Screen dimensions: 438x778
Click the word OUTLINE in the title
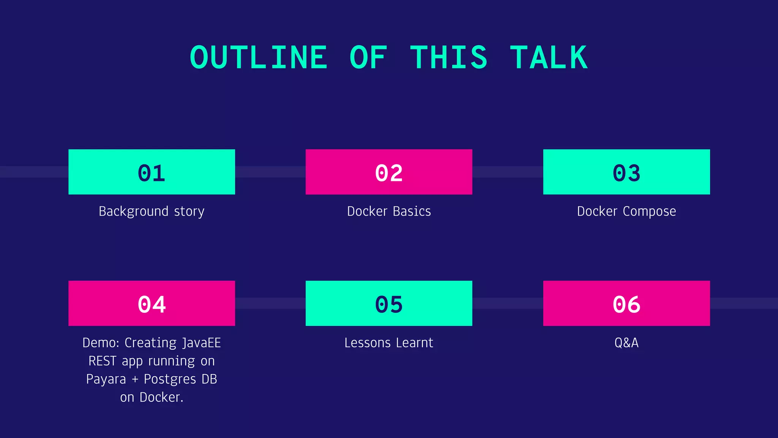258,58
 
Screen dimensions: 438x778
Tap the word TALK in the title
549,58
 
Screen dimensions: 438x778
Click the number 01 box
152,172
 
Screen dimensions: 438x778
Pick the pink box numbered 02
389,172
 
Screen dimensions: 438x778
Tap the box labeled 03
626,172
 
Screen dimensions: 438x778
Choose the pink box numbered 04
152,303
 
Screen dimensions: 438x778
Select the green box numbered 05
389,303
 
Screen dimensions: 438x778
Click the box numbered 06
626,303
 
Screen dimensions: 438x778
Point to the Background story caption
152,211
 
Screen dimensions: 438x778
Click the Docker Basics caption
389,211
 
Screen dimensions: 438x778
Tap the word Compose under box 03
649,211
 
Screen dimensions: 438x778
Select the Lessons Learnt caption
389,343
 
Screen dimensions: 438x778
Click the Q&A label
626,343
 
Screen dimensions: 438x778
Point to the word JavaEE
201,343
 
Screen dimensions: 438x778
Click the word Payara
106,379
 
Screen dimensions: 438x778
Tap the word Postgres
170,379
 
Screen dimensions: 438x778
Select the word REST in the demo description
102,361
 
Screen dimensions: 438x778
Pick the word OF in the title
368,58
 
